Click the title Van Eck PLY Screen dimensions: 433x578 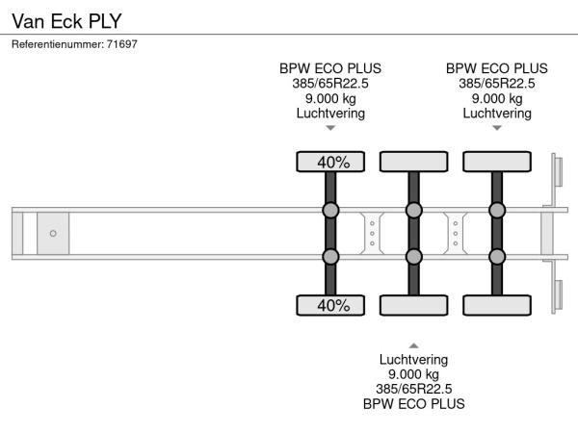pyautogui.click(x=66, y=19)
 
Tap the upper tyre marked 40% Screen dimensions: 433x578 pyautogui.click(x=330, y=162)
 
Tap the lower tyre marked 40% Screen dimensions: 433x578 pyautogui.click(x=330, y=305)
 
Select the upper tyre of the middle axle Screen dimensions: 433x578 pyautogui.click(x=413, y=162)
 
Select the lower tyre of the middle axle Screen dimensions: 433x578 pyautogui.click(x=413, y=305)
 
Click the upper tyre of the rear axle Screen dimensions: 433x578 pyautogui.click(x=497, y=162)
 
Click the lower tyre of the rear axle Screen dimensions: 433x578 pyautogui.click(x=497, y=305)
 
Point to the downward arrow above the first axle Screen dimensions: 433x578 pyautogui.click(x=330, y=128)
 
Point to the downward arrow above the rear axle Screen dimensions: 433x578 pyautogui.click(x=497, y=128)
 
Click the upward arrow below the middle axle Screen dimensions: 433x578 pyautogui.click(x=413, y=344)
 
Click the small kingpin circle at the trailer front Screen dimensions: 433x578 pyautogui.click(x=53, y=233)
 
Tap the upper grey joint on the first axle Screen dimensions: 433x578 pyautogui.click(x=330, y=210)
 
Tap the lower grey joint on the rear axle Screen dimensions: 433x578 pyautogui.click(x=497, y=256)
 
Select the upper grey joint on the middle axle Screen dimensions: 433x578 pyautogui.click(x=413, y=210)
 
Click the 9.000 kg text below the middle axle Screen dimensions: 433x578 pyautogui.click(x=413, y=374)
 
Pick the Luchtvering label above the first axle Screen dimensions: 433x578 pyautogui.click(x=330, y=114)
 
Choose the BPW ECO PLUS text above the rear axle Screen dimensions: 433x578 pyautogui.click(x=497, y=68)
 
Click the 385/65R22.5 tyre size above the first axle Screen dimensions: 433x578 pyautogui.click(x=330, y=84)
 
